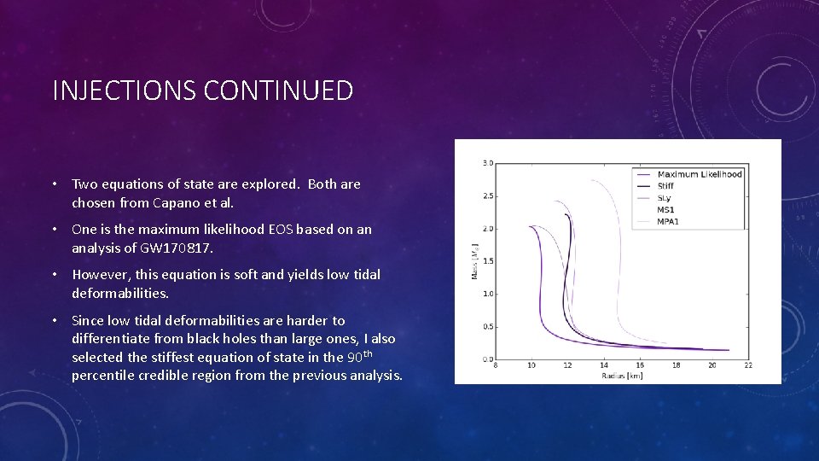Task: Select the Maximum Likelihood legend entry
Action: pyautogui.click(x=700, y=174)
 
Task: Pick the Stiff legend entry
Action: pyautogui.click(x=665, y=186)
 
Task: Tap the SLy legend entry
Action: pyautogui.click(x=665, y=198)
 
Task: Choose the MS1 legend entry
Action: pyautogui.click(x=665, y=210)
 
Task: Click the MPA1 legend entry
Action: pyautogui.click(x=668, y=222)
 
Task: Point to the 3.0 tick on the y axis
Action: pyautogui.click(x=487, y=163)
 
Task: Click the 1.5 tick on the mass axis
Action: pyautogui.click(x=487, y=261)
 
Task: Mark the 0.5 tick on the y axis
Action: pyautogui.click(x=487, y=326)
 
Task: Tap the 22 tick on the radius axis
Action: pyautogui.click(x=748, y=365)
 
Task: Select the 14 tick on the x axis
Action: pyautogui.click(x=603, y=365)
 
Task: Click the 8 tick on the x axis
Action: pyautogui.click(x=496, y=365)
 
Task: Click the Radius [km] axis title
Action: pyautogui.click(x=622, y=375)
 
